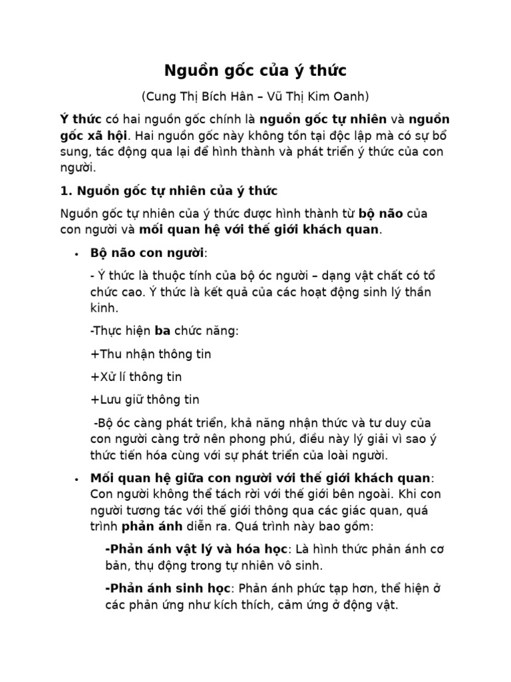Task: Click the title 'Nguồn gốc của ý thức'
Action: [x=255, y=71]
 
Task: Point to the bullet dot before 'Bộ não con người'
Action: [x=77, y=254]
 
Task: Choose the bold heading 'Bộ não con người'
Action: [x=147, y=254]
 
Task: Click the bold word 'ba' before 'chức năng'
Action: [x=162, y=331]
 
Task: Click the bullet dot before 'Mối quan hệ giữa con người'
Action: [x=77, y=480]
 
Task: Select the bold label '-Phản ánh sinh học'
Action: [x=168, y=589]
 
